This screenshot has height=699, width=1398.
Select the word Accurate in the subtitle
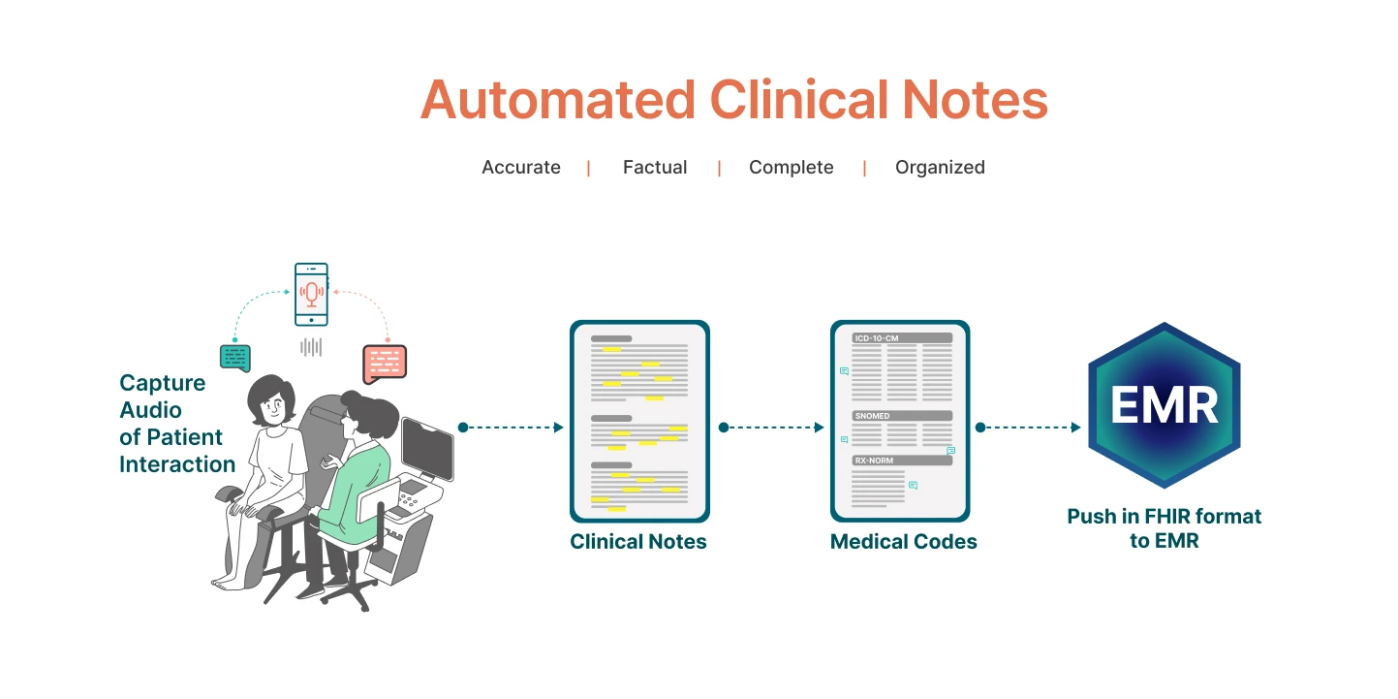[x=521, y=168]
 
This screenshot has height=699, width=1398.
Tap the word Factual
[x=655, y=168]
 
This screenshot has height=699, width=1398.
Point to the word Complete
[x=791, y=168]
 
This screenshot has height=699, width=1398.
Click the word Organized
[x=940, y=168]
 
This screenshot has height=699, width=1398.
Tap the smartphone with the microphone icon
[x=311, y=294]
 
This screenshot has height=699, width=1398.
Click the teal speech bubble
[x=235, y=357]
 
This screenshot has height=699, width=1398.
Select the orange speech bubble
[x=385, y=363]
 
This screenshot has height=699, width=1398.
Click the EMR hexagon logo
[x=1164, y=405]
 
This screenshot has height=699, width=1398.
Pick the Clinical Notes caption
[x=638, y=542]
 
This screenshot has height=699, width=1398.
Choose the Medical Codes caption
[x=903, y=542]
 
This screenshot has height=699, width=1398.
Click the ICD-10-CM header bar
[x=901, y=338]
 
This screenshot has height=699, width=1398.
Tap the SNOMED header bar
[x=901, y=416]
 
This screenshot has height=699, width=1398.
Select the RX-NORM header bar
[x=901, y=461]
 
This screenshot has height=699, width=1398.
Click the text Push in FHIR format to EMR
[x=1164, y=528]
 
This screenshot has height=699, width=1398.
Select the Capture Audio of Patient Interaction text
[x=176, y=424]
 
